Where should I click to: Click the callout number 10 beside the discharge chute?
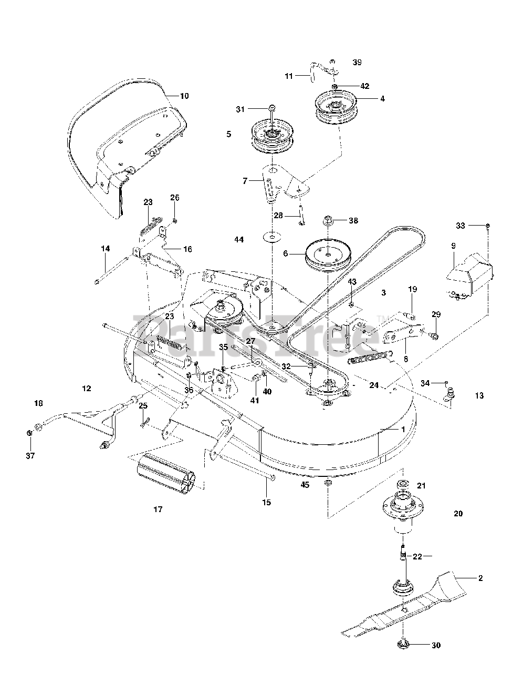tap(184, 96)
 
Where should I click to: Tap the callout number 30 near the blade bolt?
tap(436, 646)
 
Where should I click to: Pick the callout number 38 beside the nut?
tap(353, 220)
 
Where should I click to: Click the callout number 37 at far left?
tap(30, 455)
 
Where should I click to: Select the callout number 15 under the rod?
tap(266, 502)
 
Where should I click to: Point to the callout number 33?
tap(461, 226)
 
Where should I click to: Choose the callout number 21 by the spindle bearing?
tap(421, 486)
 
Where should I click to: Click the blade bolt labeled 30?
tap(403, 646)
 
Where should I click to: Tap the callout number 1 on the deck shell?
tap(403, 429)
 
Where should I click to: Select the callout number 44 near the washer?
tap(239, 239)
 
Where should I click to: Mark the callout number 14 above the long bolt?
tap(106, 248)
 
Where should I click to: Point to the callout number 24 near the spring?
tap(374, 385)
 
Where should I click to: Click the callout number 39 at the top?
tap(357, 62)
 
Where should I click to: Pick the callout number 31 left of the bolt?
tap(240, 109)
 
